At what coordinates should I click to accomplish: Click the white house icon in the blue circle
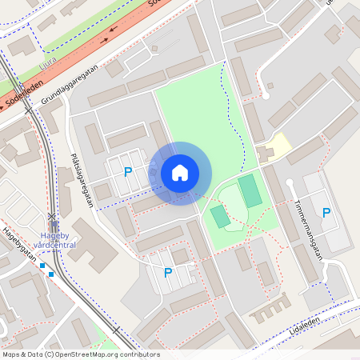coord(180,172)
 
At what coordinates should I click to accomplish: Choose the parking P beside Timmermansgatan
coord(326,212)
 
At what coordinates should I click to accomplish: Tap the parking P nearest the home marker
coord(128,171)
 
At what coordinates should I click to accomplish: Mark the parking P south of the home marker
coord(168,273)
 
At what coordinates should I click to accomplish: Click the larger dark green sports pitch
coord(250,191)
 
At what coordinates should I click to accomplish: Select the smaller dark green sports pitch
coord(219,216)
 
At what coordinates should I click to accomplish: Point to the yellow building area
coord(278,146)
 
